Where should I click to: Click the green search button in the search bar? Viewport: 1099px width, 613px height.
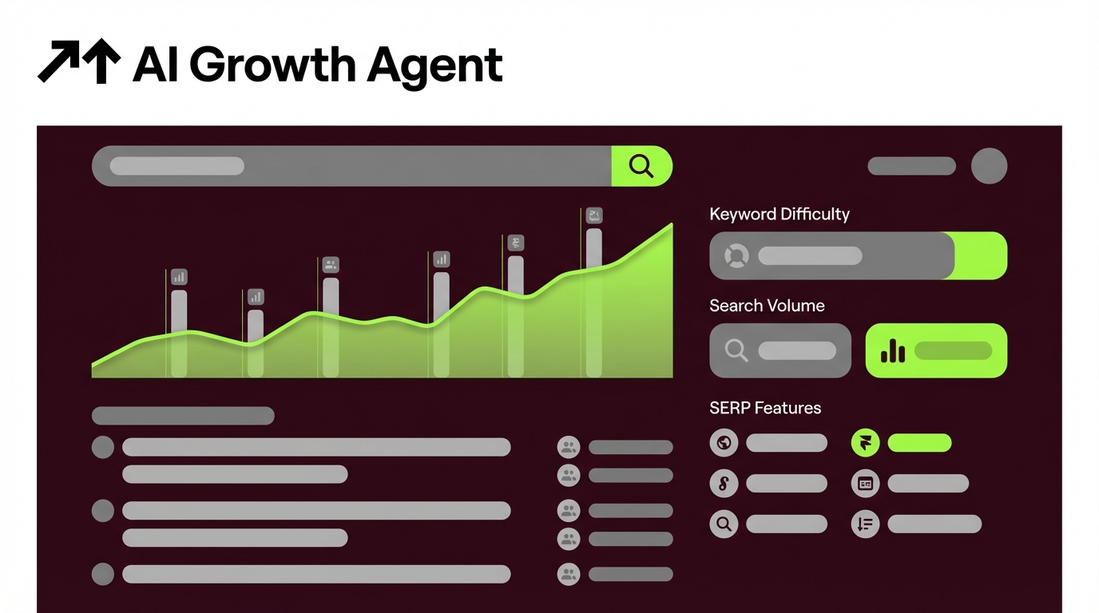coord(641,166)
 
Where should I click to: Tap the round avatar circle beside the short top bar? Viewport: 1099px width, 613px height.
coord(989,166)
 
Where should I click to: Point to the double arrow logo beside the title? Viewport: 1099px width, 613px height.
coord(78,62)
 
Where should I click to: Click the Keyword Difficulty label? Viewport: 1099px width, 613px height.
coord(779,214)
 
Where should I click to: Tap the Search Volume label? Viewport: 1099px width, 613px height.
coord(767,306)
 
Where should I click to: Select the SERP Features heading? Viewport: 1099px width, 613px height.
coord(765,408)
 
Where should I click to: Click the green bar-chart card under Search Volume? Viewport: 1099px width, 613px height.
coord(936,350)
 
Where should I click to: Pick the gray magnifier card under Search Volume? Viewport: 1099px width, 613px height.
coord(780,350)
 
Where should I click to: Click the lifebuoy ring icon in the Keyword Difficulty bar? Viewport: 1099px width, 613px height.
coord(736,256)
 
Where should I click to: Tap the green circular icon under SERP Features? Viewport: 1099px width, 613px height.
coord(865,442)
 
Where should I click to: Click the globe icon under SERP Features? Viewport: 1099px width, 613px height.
coord(724,442)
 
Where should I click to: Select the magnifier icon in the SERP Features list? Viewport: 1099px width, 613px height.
coord(724,524)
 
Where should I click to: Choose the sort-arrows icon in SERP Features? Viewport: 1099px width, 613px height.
coord(865,524)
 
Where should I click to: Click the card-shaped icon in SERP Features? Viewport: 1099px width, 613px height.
coord(865,483)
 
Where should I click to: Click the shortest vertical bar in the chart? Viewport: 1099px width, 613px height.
coord(256,343)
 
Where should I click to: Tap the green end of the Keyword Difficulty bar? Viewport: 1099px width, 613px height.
coord(982,255)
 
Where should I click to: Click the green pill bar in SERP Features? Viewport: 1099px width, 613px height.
coord(919,442)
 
